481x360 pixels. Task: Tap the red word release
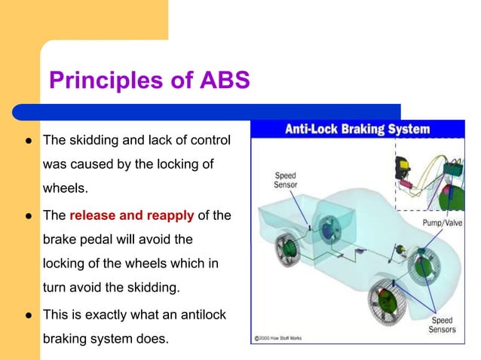click(95, 216)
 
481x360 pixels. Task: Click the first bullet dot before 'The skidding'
click(28, 141)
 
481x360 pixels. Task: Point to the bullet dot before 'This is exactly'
click(28, 314)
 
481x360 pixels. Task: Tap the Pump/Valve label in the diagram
click(442, 224)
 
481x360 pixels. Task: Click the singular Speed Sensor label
click(285, 178)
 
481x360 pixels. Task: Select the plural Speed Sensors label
click(442, 325)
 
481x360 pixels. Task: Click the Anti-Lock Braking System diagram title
click(357, 129)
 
